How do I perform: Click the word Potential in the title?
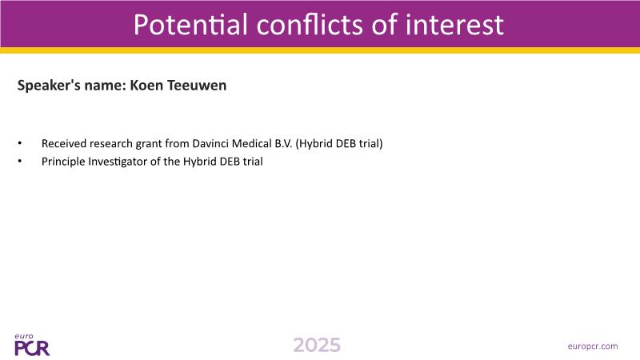pos(190,24)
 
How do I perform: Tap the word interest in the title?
pos(454,24)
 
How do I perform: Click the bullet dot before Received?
pos(19,143)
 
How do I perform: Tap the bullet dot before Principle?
pos(19,162)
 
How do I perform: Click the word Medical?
pos(251,143)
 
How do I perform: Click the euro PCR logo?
pos(32,345)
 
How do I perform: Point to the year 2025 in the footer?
pos(317,346)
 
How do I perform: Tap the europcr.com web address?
pos(593,346)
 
